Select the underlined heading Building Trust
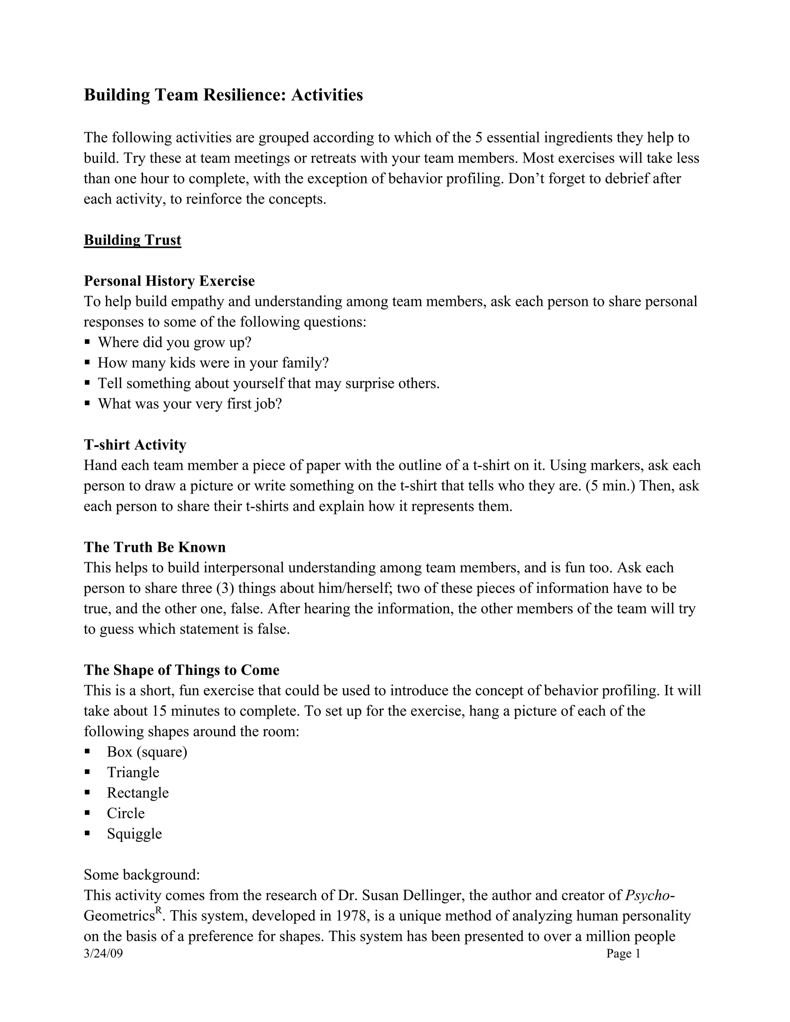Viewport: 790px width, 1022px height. (x=132, y=240)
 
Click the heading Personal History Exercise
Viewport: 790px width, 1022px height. (x=169, y=281)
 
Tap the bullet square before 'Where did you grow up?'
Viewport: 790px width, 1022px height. (x=88, y=342)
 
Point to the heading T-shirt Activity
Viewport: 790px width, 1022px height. (x=135, y=445)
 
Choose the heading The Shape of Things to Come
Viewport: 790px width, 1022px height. (x=182, y=670)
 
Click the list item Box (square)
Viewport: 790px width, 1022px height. (x=147, y=752)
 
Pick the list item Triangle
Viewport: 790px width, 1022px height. (x=133, y=772)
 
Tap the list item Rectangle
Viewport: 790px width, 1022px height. (x=138, y=793)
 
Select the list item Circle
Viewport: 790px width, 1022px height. (x=125, y=813)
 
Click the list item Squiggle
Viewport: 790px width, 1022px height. (x=134, y=834)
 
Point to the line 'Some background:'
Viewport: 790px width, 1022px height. (x=142, y=875)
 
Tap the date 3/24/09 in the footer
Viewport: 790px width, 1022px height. (x=103, y=954)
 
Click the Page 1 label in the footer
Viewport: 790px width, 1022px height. (x=623, y=954)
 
